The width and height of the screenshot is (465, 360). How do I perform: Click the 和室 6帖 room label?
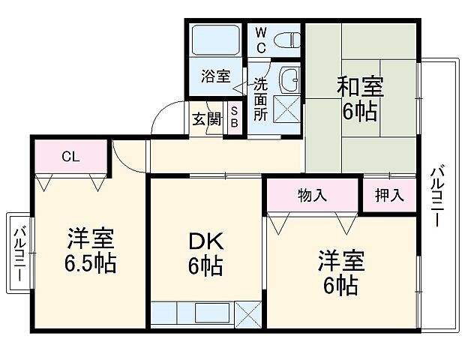[360, 100]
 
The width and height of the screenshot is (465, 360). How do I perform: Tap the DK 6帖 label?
[205, 253]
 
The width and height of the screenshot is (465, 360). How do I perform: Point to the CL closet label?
[70, 157]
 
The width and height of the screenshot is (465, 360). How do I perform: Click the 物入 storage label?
[312, 196]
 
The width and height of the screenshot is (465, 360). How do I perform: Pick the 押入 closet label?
[388, 196]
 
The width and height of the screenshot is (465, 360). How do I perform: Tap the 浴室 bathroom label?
[214, 76]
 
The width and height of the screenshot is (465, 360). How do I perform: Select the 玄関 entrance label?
[205, 118]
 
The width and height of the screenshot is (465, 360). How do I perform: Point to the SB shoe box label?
[233, 118]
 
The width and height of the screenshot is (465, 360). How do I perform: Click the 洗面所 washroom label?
[259, 99]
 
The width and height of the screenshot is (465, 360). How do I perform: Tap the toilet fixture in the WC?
[286, 39]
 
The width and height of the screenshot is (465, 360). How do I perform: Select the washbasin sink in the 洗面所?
[288, 77]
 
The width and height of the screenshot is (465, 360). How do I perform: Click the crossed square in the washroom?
[286, 108]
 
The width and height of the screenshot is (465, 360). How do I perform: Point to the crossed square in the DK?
[248, 313]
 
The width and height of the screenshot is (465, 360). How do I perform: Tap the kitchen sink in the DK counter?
[213, 313]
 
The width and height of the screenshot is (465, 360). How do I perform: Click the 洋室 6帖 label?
[341, 273]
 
